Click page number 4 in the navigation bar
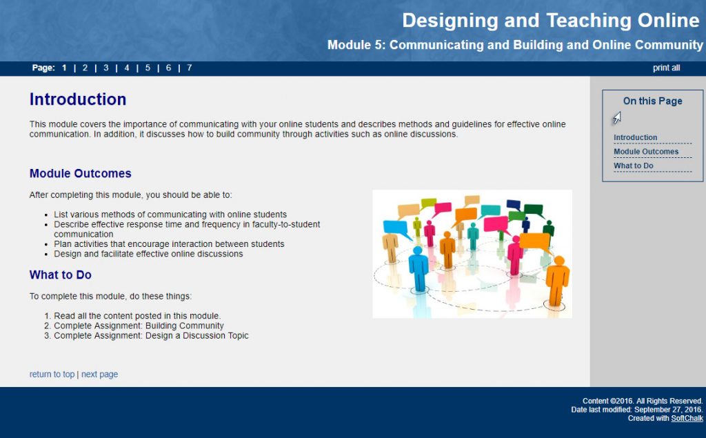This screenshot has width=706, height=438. click(127, 68)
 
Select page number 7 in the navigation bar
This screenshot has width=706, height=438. click(190, 68)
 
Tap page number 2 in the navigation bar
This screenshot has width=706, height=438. click(85, 68)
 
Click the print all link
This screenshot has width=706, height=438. click(666, 68)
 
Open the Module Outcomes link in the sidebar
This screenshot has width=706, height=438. click(646, 152)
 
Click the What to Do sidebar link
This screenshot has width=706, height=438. click(634, 166)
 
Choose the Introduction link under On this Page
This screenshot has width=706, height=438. click(635, 138)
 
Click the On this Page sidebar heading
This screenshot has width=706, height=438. click(652, 101)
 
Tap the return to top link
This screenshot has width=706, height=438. click(52, 375)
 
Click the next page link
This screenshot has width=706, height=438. click(99, 375)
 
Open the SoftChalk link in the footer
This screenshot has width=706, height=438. click(687, 419)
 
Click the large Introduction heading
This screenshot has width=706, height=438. click(78, 100)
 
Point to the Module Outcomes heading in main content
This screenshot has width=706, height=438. click(80, 174)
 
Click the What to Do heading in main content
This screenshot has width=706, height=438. click(60, 275)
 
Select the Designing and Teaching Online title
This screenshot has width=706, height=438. click(550, 21)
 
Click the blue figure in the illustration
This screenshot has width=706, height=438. click(418, 269)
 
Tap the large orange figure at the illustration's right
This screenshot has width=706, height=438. click(557, 279)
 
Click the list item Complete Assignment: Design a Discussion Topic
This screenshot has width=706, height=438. click(151, 336)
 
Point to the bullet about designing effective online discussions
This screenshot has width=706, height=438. click(148, 254)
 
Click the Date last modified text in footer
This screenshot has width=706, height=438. click(636, 410)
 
